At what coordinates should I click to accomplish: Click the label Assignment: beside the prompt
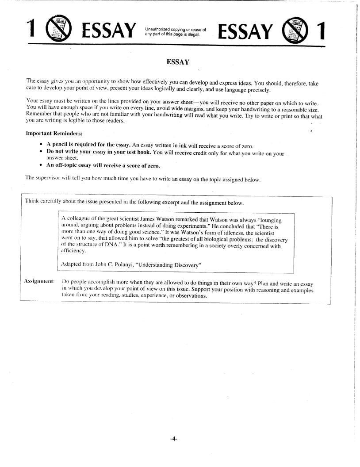[x=39, y=281]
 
